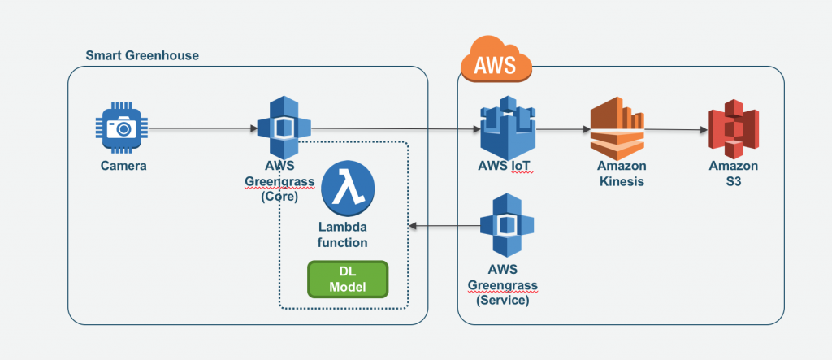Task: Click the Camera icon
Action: [123, 128]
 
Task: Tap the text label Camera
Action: [123, 166]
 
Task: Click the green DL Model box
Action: [348, 279]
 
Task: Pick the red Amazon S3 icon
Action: [734, 129]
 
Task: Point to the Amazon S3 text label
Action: [734, 173]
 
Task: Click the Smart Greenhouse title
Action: [142, 55]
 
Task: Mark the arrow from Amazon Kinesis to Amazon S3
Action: [674, 129]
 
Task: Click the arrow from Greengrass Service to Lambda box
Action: [443, 226]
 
